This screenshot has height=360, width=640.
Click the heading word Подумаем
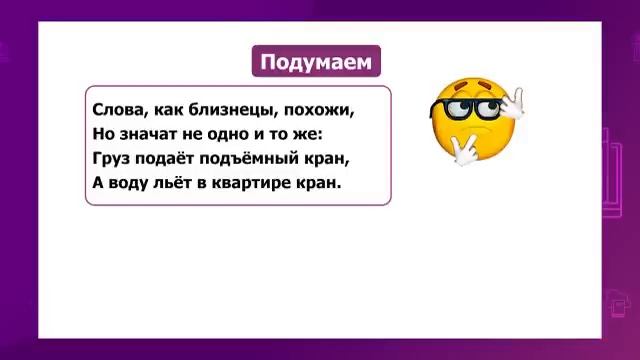pyautogui.click(x=315, y=63)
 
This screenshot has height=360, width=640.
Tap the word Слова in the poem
pyautogui.click(x=115, y=109)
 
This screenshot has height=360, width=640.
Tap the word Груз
pyautogui.click(x=111, y=158)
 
